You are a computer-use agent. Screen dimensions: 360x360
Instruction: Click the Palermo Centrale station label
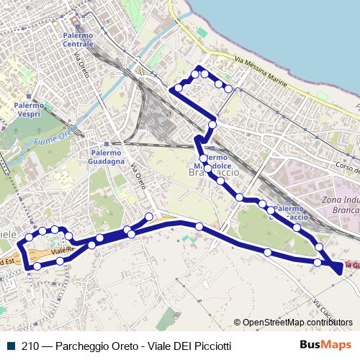click(x=78, y=40)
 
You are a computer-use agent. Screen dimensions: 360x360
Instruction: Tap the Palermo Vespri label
click(x=28, y=110)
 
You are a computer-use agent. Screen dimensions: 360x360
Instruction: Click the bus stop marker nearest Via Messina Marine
click(x=228, y=89)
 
